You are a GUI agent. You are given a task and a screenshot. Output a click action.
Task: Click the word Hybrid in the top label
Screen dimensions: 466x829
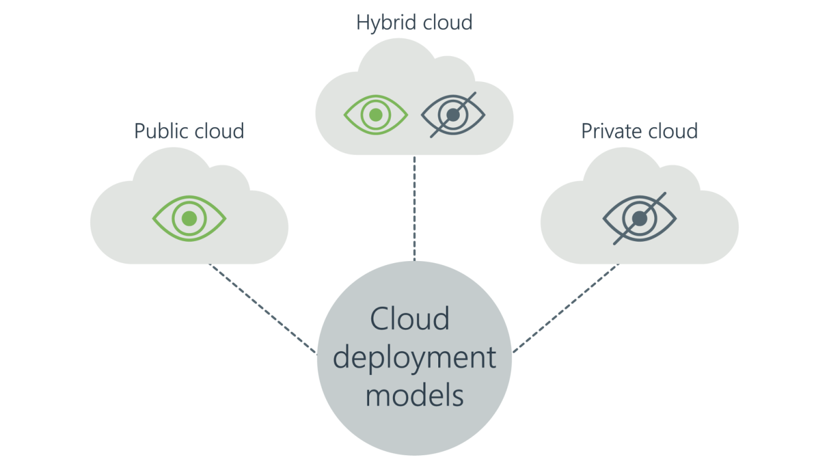coord(386,23)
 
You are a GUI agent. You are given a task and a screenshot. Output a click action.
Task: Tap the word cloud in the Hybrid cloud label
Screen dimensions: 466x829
coord(447,23)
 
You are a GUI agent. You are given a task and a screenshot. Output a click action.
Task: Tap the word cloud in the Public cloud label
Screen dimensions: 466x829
coord(219,131)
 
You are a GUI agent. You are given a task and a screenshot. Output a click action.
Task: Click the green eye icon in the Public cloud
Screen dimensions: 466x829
coord(189,218)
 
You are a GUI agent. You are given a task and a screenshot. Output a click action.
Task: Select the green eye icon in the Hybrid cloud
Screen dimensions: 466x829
coord(376,115)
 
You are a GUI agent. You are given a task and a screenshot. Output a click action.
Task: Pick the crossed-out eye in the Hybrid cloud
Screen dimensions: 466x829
coord(453,115)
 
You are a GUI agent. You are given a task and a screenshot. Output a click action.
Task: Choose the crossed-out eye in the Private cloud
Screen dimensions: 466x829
coord(640,218)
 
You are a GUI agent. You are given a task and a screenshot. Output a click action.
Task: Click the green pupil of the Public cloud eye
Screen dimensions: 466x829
coord(189,218)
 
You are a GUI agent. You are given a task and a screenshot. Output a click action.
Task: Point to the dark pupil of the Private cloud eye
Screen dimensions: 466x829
coord(640,218)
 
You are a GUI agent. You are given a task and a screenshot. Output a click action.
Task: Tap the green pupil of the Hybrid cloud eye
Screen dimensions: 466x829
coord(376,115)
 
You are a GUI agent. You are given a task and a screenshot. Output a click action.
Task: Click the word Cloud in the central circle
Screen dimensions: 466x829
coord(410,319)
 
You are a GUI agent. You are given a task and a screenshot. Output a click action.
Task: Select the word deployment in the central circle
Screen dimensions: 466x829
coord(414,358)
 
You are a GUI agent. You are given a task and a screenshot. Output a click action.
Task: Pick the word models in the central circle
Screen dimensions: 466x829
coord(414,395)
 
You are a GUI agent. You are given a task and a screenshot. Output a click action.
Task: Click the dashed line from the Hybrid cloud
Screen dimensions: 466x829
coord(414,208)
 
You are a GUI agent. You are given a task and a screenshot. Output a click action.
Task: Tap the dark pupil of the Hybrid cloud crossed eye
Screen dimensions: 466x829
coord(453,115)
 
